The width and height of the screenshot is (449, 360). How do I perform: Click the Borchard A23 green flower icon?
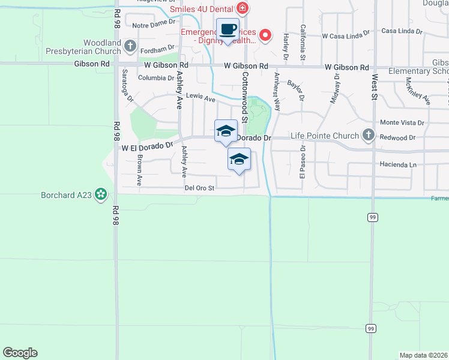[101, 194]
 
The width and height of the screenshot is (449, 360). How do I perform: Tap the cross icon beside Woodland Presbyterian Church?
[130, 44]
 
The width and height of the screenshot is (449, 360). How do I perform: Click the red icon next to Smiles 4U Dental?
[243, 8]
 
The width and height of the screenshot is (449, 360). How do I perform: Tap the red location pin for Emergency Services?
[268, 35]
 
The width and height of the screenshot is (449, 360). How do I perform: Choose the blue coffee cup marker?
[228, 30]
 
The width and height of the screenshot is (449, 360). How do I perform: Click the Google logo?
[20, 353]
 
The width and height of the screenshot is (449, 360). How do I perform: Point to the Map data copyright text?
[424, 355]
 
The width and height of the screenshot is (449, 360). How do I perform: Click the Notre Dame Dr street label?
[153, 25]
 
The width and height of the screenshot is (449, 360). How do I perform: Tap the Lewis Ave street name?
[200, 98]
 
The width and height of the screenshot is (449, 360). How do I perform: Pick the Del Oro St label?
[199, 188]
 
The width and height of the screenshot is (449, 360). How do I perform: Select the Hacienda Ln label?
[397, 164]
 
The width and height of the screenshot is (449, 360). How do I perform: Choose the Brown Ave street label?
[139, 170]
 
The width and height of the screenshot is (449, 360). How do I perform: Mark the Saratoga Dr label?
[127, 85]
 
